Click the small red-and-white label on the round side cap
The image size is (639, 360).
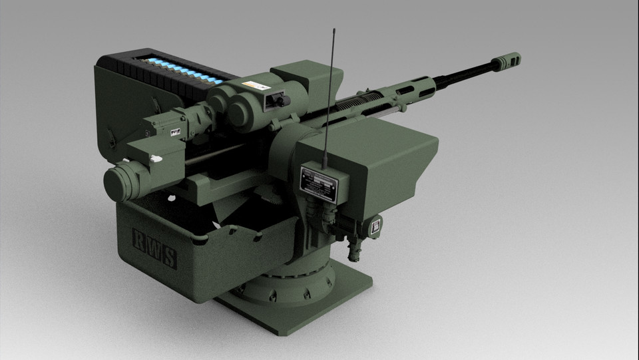click(377, 226)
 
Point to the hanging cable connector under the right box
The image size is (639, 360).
click(353, 250)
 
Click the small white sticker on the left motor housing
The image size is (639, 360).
click(175, 131)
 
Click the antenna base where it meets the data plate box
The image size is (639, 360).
click(324, 164)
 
